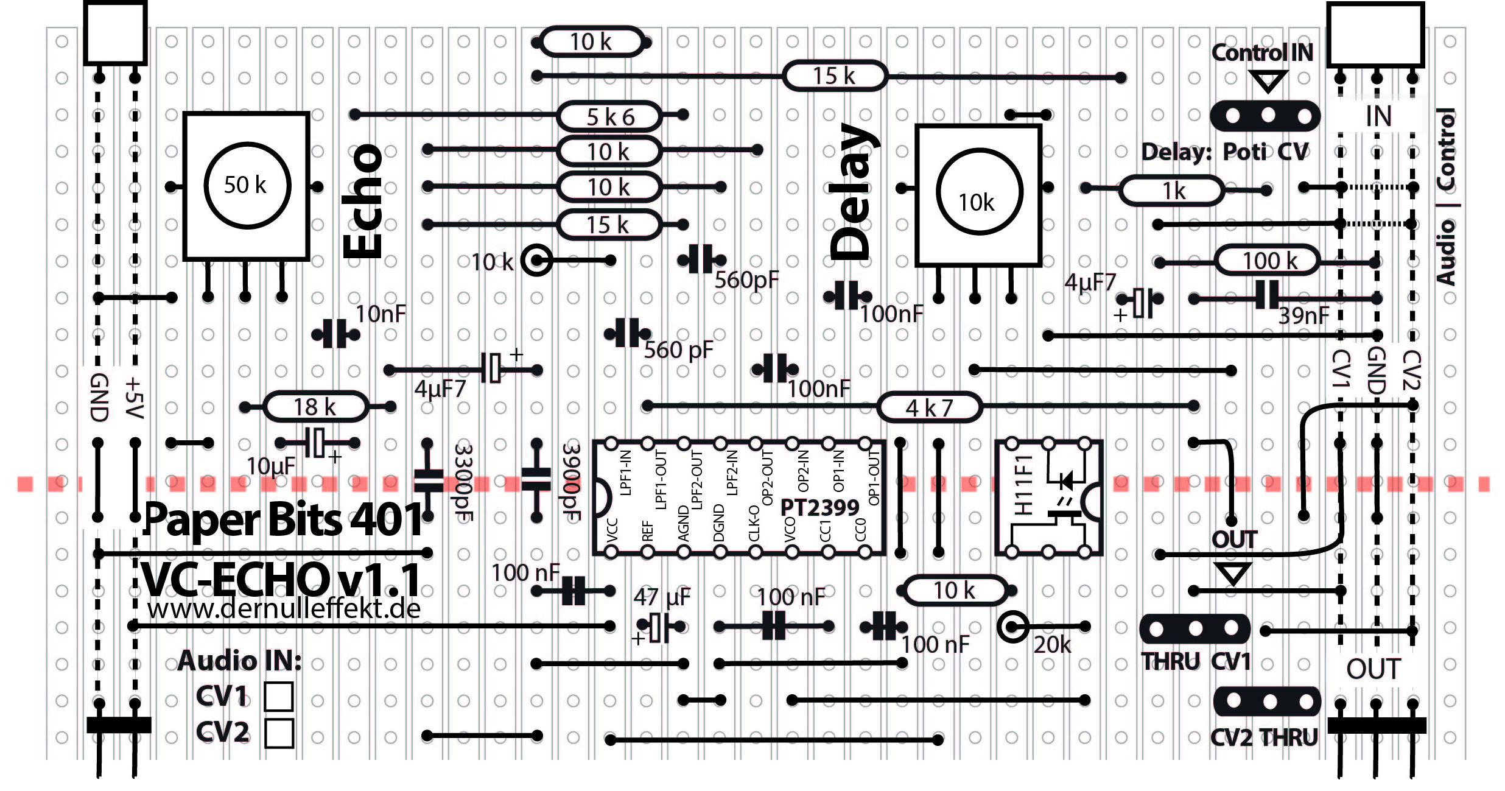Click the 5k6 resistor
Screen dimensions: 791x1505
point(609,116)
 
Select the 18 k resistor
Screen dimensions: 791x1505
point(315,407)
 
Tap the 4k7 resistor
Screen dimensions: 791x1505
point(929,407)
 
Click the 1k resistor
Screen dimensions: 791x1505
point(1172,191)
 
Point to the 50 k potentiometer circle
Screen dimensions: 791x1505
point(247,185)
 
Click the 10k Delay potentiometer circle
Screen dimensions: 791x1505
point(978,192)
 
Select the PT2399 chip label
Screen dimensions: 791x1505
point(819,507)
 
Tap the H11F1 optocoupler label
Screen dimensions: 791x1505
point(1023,484)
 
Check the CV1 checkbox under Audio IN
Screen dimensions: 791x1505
point(279,696)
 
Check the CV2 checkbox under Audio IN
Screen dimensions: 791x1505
point(279,733)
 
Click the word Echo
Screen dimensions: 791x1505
point(363,201)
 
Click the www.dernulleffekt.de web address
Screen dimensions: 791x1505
point(284,608)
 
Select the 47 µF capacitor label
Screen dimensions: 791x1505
point(662,597)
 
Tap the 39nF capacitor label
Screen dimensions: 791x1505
point(1303,315)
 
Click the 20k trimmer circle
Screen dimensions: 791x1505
point(1013,626)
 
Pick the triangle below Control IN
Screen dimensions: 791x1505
point(1268,80)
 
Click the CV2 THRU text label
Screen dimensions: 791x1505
point(1264,737)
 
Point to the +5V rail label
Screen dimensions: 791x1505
point(134,398)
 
